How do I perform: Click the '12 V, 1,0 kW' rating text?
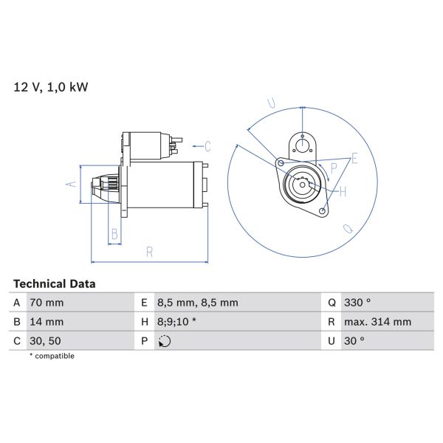coord(51,87)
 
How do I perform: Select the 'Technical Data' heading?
coord(54,284)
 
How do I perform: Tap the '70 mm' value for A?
coord(46,303)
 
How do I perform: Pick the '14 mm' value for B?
coord(46,322)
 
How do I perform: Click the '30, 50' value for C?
coord(44,341)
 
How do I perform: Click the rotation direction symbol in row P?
coord(164,341)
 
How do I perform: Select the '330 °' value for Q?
coord(359,303)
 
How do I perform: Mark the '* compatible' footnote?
coord(52,356)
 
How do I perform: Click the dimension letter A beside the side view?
coord(72,184)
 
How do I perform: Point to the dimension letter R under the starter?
coord(149,252)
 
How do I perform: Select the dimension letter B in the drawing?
coord(114,235)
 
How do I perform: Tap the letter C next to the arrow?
coord(207,145)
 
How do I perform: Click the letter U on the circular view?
coord(271,103)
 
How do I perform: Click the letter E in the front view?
coord(355,159)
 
